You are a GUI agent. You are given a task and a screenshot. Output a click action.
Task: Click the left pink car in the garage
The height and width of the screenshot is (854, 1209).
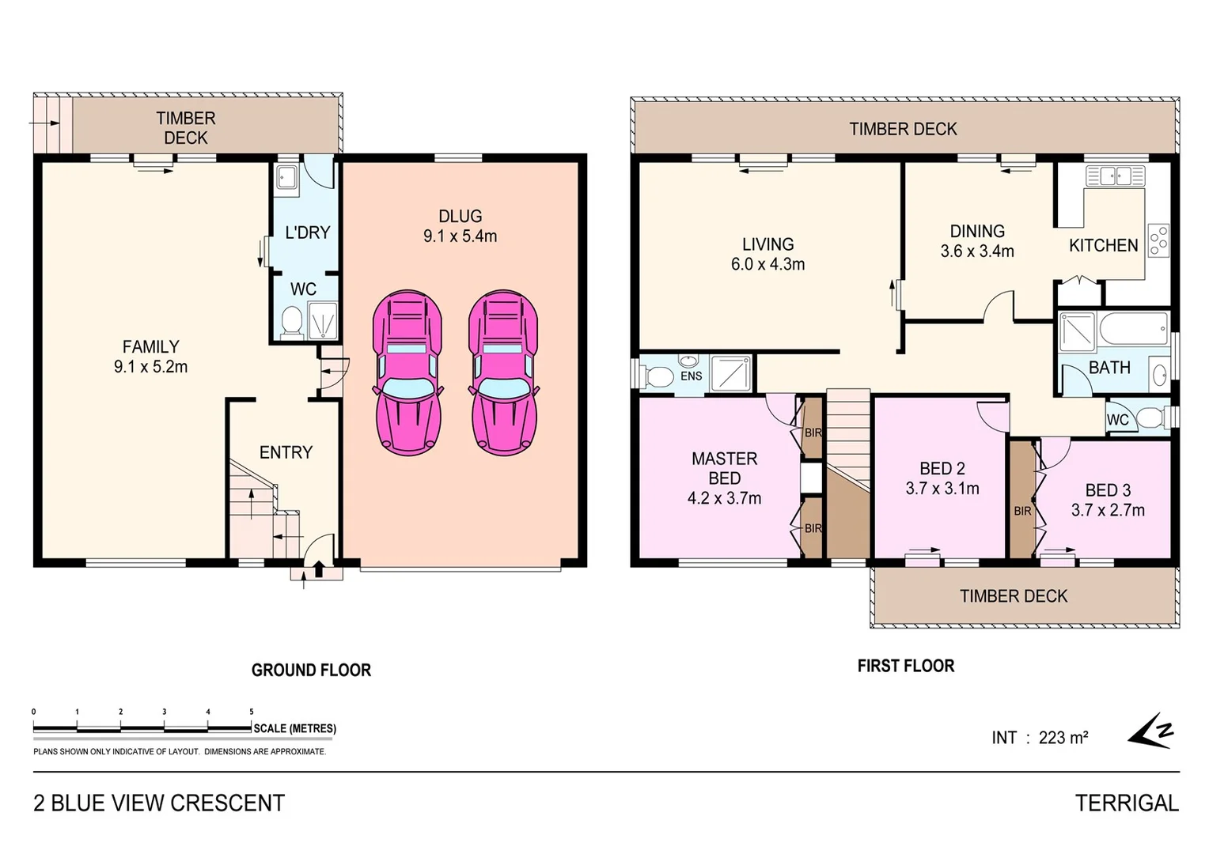(x=407, y=372)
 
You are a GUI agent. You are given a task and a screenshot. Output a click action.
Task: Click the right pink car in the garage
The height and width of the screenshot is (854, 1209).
(x=503, y=372)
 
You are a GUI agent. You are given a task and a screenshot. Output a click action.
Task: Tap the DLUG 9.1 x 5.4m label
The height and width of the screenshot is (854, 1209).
(x=460, y=226)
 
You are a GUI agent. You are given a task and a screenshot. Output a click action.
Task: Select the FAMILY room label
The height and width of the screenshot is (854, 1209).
(x=150, y=347)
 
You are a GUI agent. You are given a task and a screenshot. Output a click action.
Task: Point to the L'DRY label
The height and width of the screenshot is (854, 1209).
(x=307, y=232)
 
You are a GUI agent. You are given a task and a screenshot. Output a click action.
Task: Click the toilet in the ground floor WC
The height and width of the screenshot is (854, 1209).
(x=291, y=322)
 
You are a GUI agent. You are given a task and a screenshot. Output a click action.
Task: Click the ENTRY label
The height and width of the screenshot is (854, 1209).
(x=286, y=452)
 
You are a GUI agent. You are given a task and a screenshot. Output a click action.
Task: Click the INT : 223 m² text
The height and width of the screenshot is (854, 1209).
(x=1039, y=738)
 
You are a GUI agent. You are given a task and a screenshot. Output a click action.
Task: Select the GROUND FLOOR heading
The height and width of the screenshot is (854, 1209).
(x=311, y=671)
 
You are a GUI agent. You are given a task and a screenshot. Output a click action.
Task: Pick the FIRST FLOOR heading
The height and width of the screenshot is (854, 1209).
(x=906, y=666)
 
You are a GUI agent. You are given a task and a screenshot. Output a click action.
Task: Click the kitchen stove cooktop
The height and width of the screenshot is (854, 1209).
(x=1158, y=240)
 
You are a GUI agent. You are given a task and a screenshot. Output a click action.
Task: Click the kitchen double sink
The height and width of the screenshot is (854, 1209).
(x=1115, y=176)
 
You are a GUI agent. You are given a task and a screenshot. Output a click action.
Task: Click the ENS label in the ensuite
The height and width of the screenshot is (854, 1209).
(x=691, y=376)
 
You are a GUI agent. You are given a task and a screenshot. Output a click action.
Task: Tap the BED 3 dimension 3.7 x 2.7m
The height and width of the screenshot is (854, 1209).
(x=1108, y=510)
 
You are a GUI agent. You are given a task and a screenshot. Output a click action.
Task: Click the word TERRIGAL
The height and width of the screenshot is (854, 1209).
(x=1127, y=803)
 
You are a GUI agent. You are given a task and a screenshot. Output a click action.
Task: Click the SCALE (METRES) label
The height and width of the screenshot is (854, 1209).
(x=294, y=728)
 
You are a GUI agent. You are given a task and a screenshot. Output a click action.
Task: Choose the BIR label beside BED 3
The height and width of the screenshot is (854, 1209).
(x=1022, y=512)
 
